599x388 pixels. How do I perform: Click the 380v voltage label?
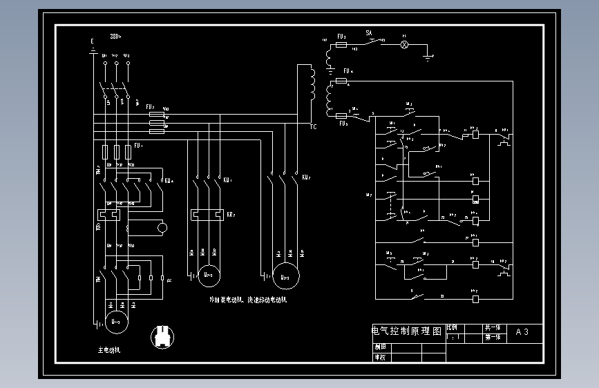tap(115, 37)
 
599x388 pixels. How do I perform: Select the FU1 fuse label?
tap(138, 146)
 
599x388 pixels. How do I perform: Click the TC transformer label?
tap(313, 127)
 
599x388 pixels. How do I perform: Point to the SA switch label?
tap(369, 32)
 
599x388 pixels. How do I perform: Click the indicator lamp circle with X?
tap(406, 45)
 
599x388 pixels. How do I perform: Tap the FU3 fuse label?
tap(341, 36)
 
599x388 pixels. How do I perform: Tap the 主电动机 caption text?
tap(109, 350)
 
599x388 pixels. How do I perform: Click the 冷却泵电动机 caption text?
tap(227, 300)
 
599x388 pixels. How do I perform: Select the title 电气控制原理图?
tap(407, 331)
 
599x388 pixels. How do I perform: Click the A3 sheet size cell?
tap(523, 332)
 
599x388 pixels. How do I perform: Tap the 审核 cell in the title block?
tap(380, 357)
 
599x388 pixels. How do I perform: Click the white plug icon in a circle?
tap(162, 337)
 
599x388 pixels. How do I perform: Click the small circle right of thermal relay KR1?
tap(162, 227)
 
